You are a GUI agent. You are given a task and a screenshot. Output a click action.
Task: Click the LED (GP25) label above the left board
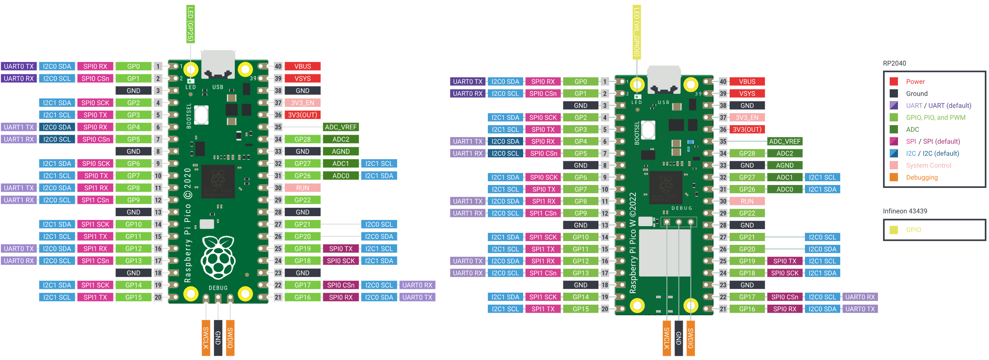[190, 24]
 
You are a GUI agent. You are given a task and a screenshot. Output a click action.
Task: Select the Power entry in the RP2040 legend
[915, 81]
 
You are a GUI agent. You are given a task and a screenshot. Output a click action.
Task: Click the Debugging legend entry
[921, 178]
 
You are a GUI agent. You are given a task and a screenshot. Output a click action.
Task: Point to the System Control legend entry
[928, 165]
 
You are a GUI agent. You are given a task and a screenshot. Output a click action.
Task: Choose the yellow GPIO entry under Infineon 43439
[913, 230]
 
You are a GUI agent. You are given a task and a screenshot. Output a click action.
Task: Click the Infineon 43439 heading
[905, 211]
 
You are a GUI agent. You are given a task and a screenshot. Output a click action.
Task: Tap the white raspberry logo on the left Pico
[218, 258]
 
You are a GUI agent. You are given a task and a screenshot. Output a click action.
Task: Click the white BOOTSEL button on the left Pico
[201, 115]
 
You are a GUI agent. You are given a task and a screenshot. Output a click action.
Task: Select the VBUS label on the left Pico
[303, 67]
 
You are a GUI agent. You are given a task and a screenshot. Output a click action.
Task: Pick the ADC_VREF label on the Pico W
[784, 141]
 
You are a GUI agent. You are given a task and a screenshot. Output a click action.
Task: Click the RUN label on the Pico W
[747, 201]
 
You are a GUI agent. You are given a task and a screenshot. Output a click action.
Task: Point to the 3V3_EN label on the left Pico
[303, 103]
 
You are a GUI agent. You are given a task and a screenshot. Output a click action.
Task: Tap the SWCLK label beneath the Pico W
[667, 338]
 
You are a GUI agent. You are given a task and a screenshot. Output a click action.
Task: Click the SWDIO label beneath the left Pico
[230, 338]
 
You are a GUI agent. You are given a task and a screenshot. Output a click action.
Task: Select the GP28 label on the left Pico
[303, 139]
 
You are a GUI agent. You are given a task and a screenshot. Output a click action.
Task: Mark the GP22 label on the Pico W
[747, 213]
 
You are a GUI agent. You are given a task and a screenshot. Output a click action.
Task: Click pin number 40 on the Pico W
[723, 82]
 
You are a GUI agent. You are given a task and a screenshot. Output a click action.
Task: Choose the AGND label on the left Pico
[341, 151]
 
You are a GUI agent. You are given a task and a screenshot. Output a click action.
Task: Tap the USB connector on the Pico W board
[664, 79]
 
